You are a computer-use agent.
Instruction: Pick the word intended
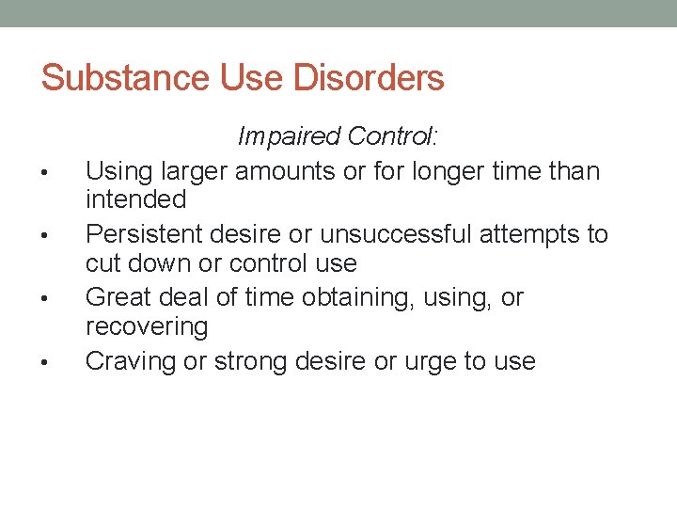[136, 199]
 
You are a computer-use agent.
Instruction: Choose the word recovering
[146, 326]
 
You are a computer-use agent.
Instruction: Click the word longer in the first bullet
[453, 171]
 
